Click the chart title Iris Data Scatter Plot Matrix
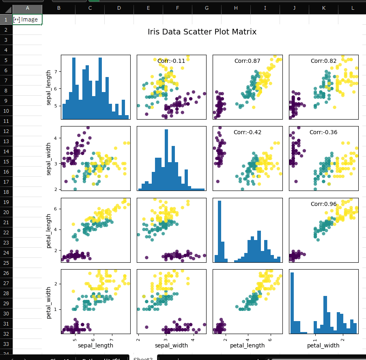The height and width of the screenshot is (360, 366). tap(202, 32)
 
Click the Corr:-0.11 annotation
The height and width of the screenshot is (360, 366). tap(171, 61)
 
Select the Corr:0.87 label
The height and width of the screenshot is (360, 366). tap(247, 61)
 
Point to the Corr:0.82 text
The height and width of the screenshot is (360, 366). tap(323, 61)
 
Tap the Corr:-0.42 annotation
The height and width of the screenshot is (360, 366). tap(247, 132)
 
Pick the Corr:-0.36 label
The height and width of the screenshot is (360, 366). tap(323, 132)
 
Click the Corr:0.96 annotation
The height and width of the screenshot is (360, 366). tap(323, 204)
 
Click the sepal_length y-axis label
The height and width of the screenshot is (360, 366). tap(49, 87)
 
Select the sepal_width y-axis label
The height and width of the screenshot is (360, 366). tap(49, 159)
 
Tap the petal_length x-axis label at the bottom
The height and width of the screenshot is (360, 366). tap(247, 345)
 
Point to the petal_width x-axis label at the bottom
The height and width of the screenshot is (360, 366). tap(323, 345)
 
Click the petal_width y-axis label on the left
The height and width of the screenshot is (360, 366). tap(49, 302)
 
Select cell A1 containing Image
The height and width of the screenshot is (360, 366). tap(28, 19)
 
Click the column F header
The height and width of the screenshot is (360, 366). tap(177, 8)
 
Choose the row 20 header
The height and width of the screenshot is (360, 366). tap(6, 212)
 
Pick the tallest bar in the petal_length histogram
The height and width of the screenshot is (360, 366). tap(220, 231)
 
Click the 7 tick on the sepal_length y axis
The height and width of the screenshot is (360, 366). tap(58, 72)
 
